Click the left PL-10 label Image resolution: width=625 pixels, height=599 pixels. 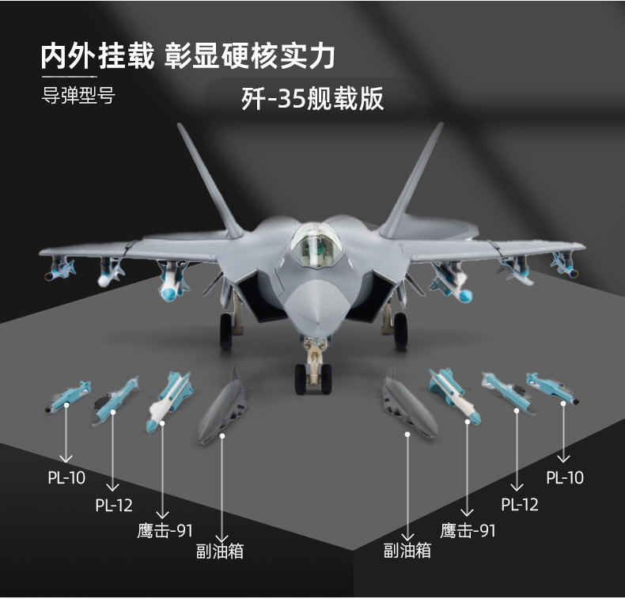pos(67,477)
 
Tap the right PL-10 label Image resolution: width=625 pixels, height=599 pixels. pos(565,477)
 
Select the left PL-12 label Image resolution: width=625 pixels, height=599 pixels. pos(114,505)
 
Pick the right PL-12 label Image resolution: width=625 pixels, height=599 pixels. pos(519,504)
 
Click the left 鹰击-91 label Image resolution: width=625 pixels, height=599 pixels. pos(165,530)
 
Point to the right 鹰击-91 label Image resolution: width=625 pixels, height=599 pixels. pos(468,530)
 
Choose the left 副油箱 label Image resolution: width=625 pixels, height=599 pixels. pos(220,550)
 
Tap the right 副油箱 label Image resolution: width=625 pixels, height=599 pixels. pos(407,550)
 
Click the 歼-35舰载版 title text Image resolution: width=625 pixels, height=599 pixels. pos(312,99)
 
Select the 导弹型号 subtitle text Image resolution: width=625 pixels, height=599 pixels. pos(78,97)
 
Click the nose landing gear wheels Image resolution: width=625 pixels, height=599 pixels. pos(314,378)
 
